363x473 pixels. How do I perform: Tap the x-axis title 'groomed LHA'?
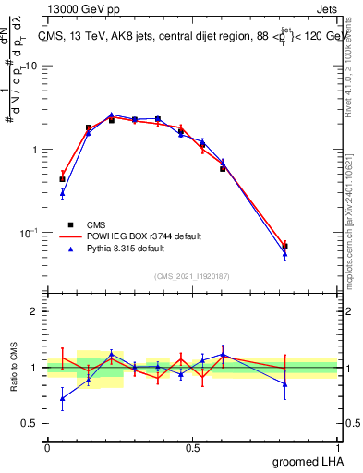coord(308,460)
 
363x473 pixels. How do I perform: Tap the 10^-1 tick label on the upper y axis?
coord(30,233)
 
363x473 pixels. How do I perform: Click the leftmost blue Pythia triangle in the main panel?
coord(62,192)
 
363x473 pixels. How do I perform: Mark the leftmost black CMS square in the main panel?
coord(62,179)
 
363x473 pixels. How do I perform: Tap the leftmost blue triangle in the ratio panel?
coord(62,399)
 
